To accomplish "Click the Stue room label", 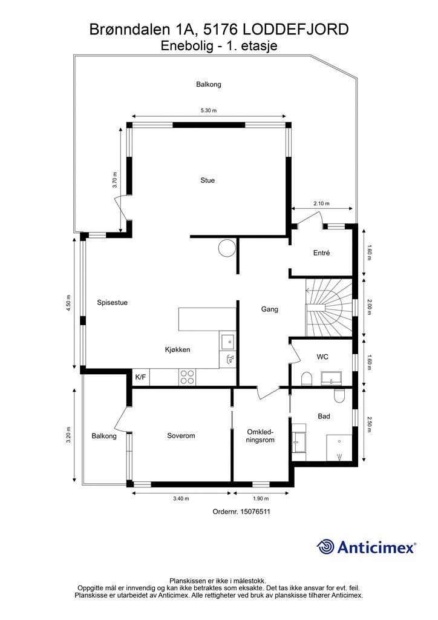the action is tap(208, 180).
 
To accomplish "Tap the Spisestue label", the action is tap(112, 303).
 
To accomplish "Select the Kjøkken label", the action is tap(177, 349).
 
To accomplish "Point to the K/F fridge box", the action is tap(140, 377).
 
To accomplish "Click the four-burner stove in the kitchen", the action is tap(187, 377).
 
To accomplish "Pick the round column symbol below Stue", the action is tap(227, 248).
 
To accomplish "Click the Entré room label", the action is tap(321, 253).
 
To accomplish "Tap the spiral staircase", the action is tap(328, 307).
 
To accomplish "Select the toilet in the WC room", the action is tap(307, 379).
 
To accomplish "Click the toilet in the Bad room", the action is tap(339, 395).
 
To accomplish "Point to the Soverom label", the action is tap(181, 436).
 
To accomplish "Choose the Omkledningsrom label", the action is tap(260, 436).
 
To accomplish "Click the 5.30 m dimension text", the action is tap(209, 111).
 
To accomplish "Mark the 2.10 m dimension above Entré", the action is tap(321, 203).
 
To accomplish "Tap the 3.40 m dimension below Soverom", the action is tap(181, 499).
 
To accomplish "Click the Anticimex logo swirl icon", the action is tap(325, 547).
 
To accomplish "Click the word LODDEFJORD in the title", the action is tap(295, 29).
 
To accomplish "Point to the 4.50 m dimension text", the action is tap(69, 303).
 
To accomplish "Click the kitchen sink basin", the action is tap(228, 340).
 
